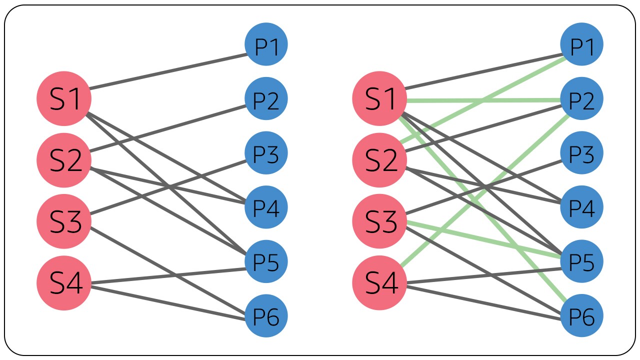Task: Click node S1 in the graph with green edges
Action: (380, 98)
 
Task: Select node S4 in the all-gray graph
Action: (64, 283)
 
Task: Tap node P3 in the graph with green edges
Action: (581, 153)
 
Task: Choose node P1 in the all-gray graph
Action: (266, 44)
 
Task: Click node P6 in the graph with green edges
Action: (581, 316)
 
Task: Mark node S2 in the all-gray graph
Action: (64, 160)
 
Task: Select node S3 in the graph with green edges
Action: (380, 221)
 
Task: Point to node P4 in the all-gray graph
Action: (266, 207)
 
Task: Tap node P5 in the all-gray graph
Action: (266, 261)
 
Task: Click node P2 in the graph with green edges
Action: (581, 99)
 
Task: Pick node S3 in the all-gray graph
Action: (64, 221)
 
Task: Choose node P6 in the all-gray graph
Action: (266, 316)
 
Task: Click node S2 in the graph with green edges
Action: (380, 160)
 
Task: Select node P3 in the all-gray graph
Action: (266, 153)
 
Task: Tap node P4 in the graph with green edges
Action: (581, 207)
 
